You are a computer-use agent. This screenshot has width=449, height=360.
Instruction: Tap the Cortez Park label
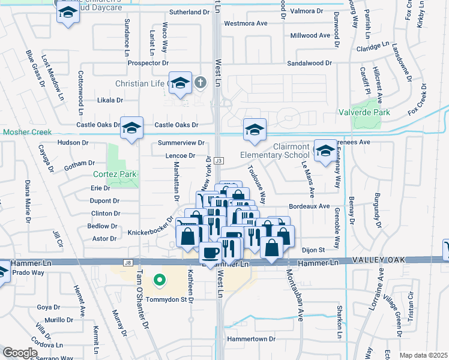115,175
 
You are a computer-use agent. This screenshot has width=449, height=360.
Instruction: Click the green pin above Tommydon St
159,279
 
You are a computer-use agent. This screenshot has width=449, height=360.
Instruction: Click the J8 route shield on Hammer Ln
127,262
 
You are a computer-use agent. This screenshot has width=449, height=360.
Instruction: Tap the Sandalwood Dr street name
309,62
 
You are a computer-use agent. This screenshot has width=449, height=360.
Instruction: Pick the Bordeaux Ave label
309,206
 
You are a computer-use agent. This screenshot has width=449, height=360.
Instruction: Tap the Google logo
20,353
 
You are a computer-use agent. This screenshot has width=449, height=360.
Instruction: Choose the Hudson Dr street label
73,143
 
